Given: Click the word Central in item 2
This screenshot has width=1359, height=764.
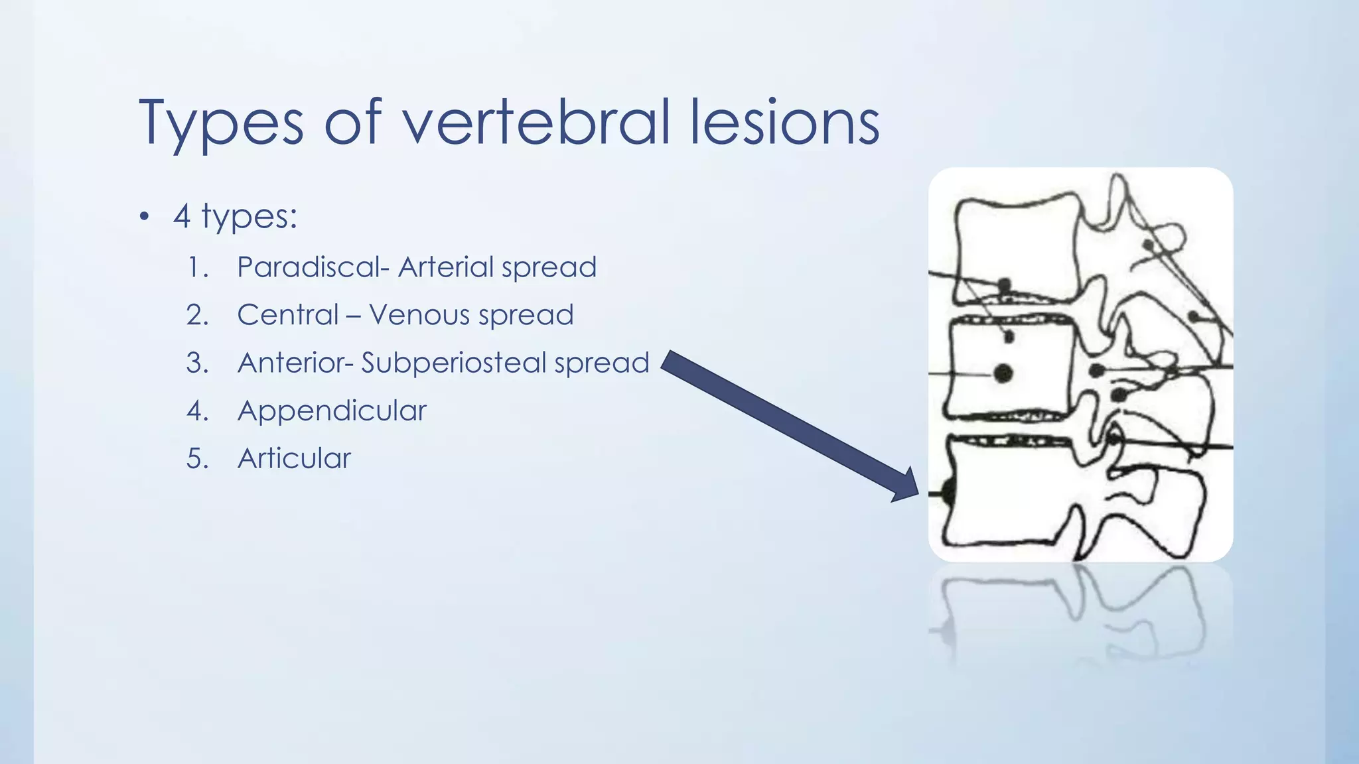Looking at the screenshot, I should click(288, 315).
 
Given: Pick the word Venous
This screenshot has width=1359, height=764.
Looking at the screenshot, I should click(419, 315).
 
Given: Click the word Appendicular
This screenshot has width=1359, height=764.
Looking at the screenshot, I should click(332, 411).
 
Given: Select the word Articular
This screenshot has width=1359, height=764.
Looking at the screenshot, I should click(294, 458).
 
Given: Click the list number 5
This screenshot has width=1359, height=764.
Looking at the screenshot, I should click(197, 458).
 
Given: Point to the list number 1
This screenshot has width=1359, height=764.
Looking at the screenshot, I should click(197, 267).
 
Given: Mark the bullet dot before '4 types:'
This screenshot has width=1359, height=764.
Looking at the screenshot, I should click(144, 218).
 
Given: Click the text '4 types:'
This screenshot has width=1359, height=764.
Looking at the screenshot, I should click(235, 216).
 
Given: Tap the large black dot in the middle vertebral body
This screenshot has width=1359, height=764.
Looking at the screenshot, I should click(1003, 374).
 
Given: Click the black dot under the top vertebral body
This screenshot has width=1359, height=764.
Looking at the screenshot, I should click(1005, 285).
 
